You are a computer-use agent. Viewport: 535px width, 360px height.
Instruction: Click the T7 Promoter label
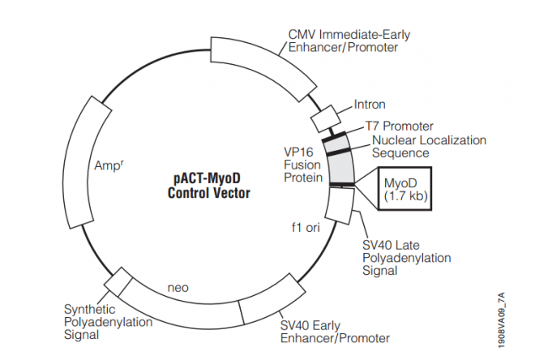(x=399, y=126)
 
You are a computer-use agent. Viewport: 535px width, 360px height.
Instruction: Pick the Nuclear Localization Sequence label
(x=429, y=146)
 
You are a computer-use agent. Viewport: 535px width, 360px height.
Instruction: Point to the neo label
(x=178, y=287)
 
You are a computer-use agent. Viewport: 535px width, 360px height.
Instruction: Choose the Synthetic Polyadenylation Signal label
(x=108, y=322)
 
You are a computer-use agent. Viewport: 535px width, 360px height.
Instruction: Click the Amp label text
(x=108, y=166)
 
